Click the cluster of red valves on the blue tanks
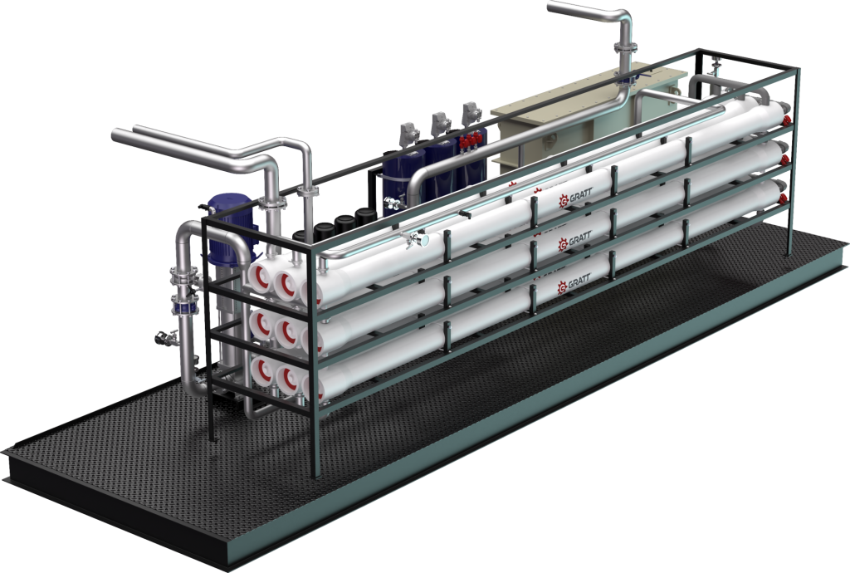471,140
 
